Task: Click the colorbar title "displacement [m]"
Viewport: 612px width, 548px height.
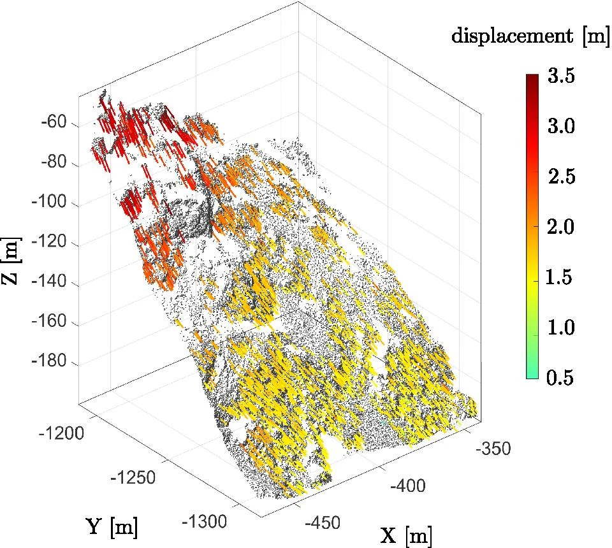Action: pyautogui.click(x=529, y=37)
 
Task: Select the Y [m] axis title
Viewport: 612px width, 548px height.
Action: pyautogui.click(x=111, y=527)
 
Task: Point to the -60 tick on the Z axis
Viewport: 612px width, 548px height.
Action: pyautogui.click(x=54, y=123)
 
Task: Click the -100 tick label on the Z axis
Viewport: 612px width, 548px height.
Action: pyautogui.click(x=50, y=205)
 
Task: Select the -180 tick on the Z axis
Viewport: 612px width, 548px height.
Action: pyautogui.click(x=50, y=363)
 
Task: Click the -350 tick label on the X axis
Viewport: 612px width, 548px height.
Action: pyautogui.click(x=493, y=449)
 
